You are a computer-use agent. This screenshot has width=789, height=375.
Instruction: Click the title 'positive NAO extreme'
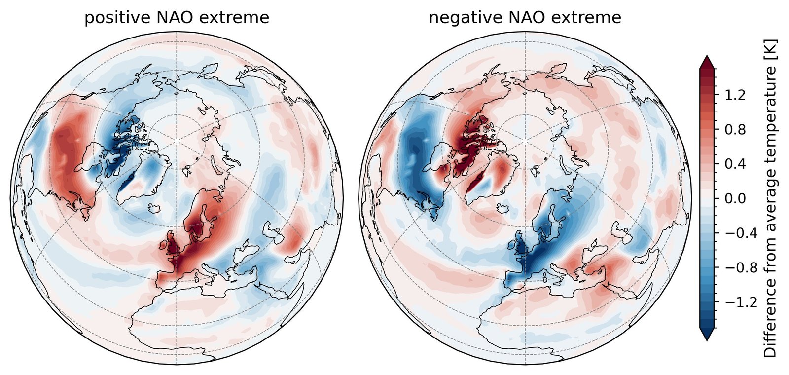tap(177, 18)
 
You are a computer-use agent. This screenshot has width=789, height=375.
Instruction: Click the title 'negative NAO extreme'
tap(525, 18)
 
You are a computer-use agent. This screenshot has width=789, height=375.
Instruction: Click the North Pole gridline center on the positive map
tap(177, 142)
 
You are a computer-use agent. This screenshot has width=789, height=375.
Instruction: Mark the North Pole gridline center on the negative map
tap(525, 142)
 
